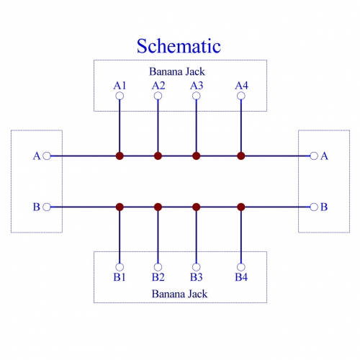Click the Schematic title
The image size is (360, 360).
tap(179, 46)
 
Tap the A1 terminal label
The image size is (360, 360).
tap(120, 86)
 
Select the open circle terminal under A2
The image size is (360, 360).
tap(158, 96)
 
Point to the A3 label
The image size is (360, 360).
tap(197, 86)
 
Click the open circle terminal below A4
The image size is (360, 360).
tap(241, 96)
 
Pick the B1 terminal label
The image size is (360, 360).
tap(120, 277)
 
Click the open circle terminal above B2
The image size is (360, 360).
tap(158, 267)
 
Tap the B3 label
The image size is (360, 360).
tap(197, 277)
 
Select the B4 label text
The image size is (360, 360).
tap(241, 277)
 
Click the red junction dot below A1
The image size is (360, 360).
tap(120, 156)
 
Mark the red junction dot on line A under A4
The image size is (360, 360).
tap(241, 156)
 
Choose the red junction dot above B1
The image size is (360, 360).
tap(120, 207)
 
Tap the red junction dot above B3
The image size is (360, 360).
tap(197, 207)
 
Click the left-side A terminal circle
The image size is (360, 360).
tap(47, 156)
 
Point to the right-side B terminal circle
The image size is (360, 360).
tap(314, 207)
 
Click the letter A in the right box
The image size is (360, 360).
tap(324, 156)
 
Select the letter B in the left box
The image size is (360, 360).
tap(37, 207)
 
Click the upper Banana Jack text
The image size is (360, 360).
tap(177, 71)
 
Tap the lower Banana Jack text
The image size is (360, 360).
tap(179, 294)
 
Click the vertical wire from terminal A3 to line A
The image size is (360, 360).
tap(197, 126)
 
